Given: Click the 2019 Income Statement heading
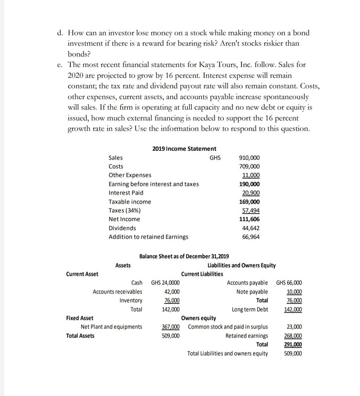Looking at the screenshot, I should click(x=184, y=148).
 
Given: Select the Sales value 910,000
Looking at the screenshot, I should click(x=249, y=158).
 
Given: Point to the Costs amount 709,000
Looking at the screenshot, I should click(x=249, y=166).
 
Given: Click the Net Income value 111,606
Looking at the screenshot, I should click(x=249, y=219).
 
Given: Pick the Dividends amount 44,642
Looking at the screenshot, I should click(x=250, y=228).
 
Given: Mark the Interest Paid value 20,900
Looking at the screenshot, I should click(x=250, y=193).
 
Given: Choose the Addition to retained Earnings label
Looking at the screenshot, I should click(x=148, y=237).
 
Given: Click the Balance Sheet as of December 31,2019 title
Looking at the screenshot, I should click(x=184, y=257).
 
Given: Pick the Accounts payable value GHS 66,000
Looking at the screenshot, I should click(x=289, y=283).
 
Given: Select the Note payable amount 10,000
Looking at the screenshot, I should click(x=294, y=292).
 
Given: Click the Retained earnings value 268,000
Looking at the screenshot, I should click(x=294, y=336).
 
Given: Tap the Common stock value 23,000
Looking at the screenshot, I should click(x=294, y=327).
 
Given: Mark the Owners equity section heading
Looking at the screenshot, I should click(x=199, y=318).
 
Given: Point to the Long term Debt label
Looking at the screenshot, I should click(x=250, y=309).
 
